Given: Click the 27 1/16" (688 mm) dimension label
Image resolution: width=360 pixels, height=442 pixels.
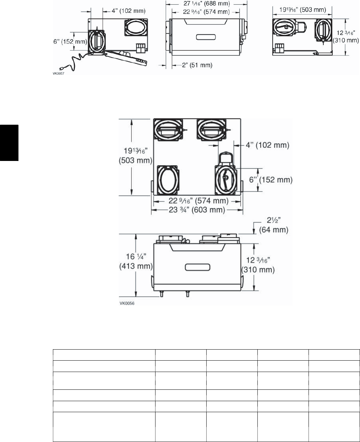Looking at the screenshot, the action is click(207, 4).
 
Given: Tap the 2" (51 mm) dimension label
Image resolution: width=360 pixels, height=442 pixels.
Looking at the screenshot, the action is click(197, 65).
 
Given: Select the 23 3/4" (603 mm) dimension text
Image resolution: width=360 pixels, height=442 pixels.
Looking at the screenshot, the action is click(197, 210).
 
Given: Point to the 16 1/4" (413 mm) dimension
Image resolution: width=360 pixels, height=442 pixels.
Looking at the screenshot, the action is click(136, 261).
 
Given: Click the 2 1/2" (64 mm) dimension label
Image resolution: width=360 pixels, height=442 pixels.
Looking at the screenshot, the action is click(274, 225).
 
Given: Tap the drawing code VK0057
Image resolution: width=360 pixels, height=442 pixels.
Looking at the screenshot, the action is click(59, 74).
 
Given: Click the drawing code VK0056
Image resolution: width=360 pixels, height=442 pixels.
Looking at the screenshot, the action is click(127, 303).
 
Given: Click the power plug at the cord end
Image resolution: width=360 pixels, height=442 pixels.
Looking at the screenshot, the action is click(61, 68).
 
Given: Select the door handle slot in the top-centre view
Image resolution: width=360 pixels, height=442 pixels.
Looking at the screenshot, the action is click(206, 37).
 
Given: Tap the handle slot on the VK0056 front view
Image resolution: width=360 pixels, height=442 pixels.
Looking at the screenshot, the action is click(197, 267).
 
